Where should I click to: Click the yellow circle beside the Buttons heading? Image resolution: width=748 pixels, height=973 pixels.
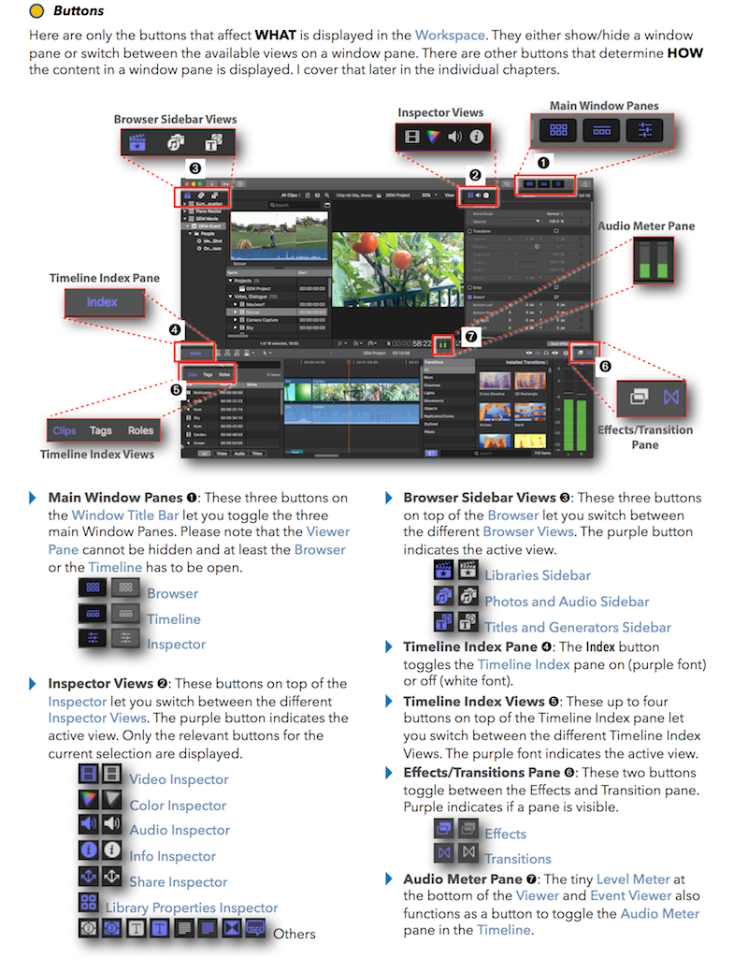pyautogui.click(x=36, y=12)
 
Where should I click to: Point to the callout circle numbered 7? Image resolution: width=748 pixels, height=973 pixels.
pyautogui.click(x=471, y=336)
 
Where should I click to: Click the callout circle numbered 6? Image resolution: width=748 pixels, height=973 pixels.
pyautogui.click(x=605, y=365)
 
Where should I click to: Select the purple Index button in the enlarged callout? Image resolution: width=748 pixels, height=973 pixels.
pyautogui.click(x=103, y=302)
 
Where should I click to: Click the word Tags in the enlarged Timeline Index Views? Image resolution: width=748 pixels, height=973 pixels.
pyautogui.click(x=101, y=431)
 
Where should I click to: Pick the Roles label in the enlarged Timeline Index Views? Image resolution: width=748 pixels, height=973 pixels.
pyautogui.click(x=141, y=431)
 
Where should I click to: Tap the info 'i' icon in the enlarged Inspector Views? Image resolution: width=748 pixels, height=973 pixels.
pyautogui.click(x=476, y=137)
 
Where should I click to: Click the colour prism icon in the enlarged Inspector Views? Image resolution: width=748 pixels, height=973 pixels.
pyautogui.click(x=433, y=137)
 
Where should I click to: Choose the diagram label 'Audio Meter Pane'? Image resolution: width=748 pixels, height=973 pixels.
pyautogui.click(x=646, y=225)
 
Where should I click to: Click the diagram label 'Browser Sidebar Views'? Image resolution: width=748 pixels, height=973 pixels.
pyautogui.click(x=175, y=119)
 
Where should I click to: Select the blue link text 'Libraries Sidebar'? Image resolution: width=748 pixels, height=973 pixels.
pyautogui.click(x=537, y=575)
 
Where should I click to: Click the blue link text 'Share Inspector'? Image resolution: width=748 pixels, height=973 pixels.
pyautogui.click(x=178, y=881)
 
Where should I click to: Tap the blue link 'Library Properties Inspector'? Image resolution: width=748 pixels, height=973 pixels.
pyautogui.click(x=191, y=908)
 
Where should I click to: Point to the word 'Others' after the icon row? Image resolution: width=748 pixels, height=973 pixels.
pyautogui.click(x=294, y=934)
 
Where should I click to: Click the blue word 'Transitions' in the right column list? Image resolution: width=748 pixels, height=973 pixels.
pyautogui.click(x=517, y=859)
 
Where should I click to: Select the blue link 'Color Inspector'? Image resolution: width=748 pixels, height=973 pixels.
pyautogui.click(x=178, y=805)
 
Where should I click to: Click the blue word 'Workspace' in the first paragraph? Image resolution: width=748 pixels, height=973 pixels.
pyautogui.click(x=450, y=36)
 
